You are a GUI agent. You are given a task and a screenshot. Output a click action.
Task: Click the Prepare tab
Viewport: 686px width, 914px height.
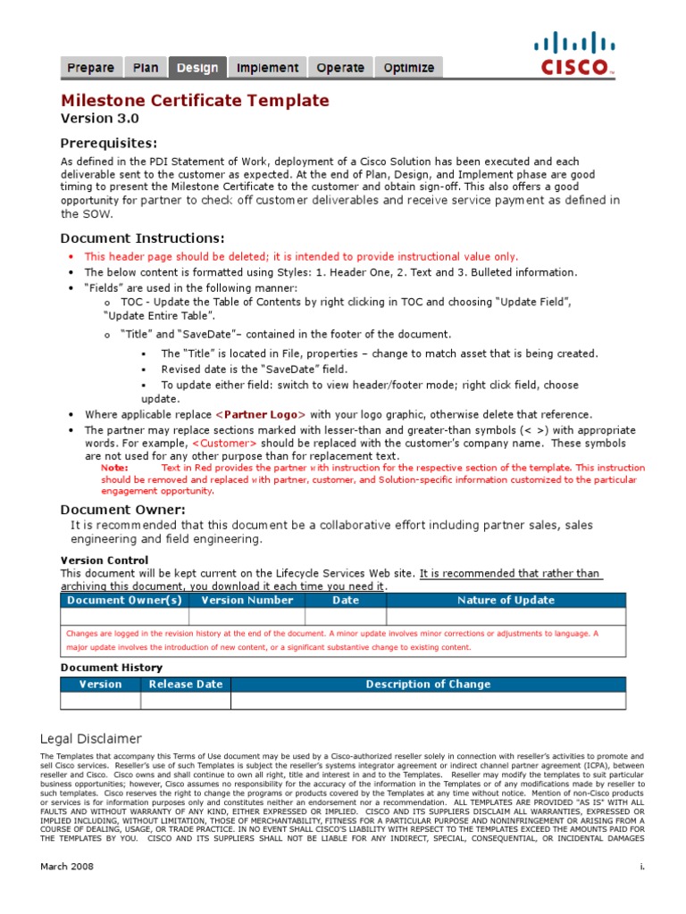90,68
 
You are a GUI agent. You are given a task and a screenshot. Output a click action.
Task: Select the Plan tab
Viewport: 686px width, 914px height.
146,68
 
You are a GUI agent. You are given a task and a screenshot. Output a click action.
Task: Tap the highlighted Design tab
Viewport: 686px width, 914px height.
197,68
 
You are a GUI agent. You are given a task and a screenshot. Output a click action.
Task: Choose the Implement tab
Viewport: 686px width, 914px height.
267,68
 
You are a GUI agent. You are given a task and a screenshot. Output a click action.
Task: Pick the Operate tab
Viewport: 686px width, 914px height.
340,68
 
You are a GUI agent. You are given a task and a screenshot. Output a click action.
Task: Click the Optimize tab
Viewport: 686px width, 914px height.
408,68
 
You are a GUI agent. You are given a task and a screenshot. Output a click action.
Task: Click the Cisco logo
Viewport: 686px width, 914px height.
575,54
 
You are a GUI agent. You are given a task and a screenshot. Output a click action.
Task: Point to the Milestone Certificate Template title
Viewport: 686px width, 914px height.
195,101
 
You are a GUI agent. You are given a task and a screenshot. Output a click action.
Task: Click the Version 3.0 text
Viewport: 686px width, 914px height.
99,119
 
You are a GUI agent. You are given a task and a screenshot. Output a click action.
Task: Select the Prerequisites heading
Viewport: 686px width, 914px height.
108,143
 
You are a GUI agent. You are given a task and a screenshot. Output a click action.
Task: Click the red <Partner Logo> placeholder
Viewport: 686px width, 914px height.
262,414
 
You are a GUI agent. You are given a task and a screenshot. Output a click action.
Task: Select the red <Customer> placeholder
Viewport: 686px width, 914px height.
223,443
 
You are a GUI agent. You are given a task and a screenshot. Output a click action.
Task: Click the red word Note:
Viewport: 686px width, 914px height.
114,467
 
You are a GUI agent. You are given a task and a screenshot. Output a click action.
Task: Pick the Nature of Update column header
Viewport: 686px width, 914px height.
506,600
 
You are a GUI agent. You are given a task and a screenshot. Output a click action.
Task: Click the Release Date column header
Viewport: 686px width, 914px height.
185,684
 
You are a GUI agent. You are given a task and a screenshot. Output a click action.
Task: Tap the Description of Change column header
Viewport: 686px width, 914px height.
428,684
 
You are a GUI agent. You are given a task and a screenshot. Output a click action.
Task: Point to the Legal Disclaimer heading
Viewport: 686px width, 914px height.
90,738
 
